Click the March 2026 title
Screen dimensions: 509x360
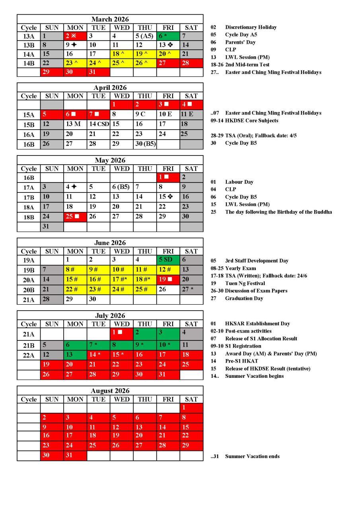pyautogui.click(x=110, y=19)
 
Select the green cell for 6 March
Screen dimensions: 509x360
pyautogui.click(x=168, y=36)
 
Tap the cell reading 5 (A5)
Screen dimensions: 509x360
pyautogui.click(x=145, y=36)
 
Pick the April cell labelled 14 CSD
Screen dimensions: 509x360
pyautogui.click(x=99, y=124)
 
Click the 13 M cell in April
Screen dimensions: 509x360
pyautogui.click(x=75, y=124)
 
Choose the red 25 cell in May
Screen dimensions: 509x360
pyautogui.click(x=75, y=217)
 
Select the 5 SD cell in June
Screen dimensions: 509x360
pyautogui.click(x=168, y=260)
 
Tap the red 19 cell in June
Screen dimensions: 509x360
pyautogui.click(x=168, y=280)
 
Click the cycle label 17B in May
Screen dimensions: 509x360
pyautogui.click(x=29, y=197)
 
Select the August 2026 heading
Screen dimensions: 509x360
pyautogui.click(x=110, y=390)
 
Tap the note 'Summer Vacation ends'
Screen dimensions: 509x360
pyautogui.click(x=252, y=456)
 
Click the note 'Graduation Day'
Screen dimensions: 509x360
pyautogui.click(x=244, y=298)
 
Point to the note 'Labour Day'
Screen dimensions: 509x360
pyautogui.click(x=239, y=182)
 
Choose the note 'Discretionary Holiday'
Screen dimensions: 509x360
pyautogui.click(x=251, y=27)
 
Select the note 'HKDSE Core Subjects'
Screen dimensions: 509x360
pyautogui.click(x=251, y=120)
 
